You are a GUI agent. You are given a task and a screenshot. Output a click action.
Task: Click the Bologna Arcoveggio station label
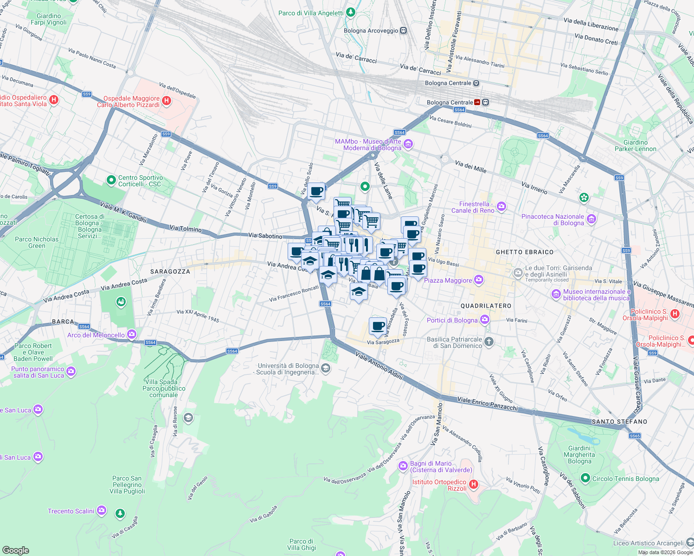pos(371,31)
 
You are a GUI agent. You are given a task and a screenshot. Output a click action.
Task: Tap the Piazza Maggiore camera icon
pos(479,280)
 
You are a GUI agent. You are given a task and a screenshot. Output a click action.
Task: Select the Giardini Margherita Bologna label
pos(579,455)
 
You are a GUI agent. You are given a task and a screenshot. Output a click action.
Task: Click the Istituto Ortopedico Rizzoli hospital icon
pos(473,485)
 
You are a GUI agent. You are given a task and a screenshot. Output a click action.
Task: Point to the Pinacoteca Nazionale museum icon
pos(591,219)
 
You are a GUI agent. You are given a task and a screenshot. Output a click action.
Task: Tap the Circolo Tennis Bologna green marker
pos(585,478)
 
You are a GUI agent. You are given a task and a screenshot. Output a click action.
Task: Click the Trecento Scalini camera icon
pos(102,511)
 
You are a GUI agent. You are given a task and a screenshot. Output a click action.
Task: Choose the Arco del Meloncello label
pos(96,335)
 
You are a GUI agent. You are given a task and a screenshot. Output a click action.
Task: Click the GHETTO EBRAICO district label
pos(525,252)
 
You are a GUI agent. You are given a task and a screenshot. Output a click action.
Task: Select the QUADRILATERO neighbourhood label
pos(486,306)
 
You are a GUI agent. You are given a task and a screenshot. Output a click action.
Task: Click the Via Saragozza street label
pos(383,342)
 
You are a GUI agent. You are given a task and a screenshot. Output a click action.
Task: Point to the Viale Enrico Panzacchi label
pos(487,404)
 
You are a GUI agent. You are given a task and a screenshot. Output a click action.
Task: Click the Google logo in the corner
pos(15,550)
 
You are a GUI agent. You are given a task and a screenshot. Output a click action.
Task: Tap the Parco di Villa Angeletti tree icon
pos(351,13)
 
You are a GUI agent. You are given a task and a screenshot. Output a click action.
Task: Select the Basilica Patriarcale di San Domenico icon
pos(488,342)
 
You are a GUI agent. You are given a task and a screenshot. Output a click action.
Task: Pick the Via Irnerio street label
pos(534,188)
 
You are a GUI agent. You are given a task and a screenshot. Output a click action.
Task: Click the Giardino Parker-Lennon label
pos(635,145)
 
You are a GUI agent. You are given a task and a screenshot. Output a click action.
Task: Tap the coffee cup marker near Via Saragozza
pos(378,326)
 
